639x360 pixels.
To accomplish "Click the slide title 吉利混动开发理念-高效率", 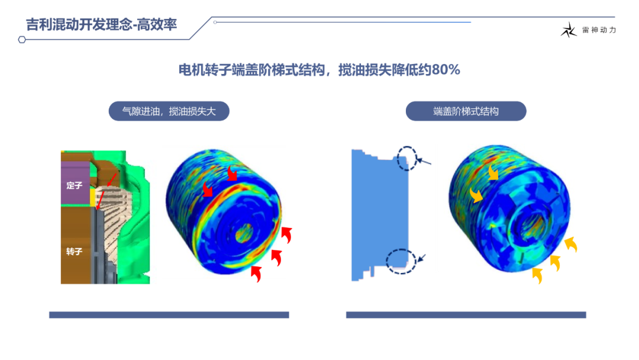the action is coord(101,24).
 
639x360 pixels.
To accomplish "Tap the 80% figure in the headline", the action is coord(446,70).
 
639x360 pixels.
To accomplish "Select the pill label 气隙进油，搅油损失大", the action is coord(169,111).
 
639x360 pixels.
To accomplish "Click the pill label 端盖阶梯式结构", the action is coord(466,111).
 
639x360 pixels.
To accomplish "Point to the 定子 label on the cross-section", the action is coord(74,185).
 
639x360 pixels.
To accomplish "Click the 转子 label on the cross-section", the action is coord(74,252).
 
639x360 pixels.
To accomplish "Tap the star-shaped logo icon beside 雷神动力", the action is coord(569,30).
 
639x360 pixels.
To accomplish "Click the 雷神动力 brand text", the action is coord(599,30).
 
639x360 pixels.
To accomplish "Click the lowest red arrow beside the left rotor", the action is coord(256,273).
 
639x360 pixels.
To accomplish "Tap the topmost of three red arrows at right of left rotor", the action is coord(287,235).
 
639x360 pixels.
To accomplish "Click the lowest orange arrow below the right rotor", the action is coord(537,275).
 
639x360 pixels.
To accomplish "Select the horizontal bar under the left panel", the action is coord(169,315).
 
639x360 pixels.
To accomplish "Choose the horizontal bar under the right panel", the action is coord(466,315).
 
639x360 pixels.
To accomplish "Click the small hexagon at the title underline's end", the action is coord(22,40).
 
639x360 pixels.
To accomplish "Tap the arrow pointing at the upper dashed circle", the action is coord(424,162).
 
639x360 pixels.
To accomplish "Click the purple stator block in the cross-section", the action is coord(75,183).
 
